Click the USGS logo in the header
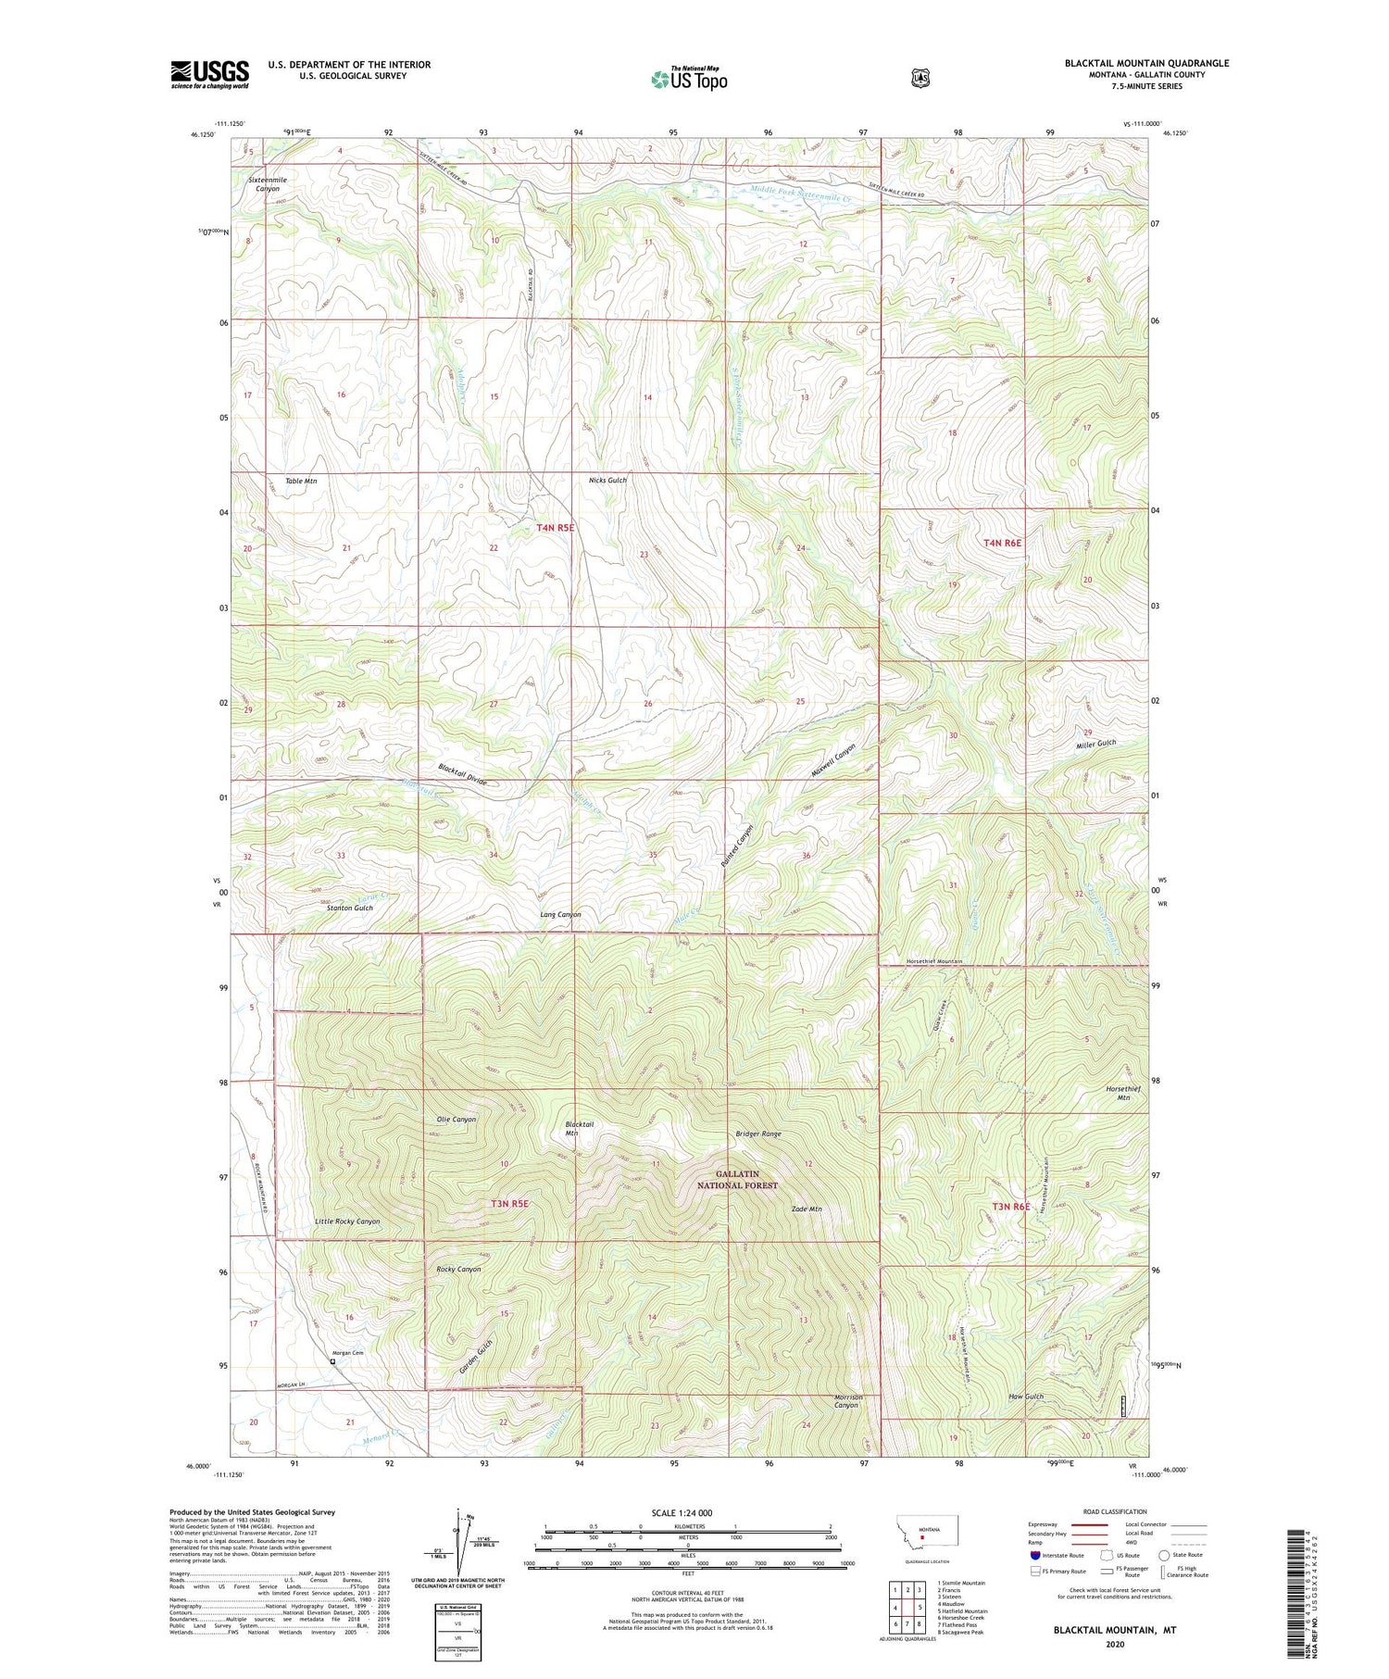point(209,74)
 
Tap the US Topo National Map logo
point(689,79)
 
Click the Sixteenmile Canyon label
point(267,183)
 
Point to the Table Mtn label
point(301,482)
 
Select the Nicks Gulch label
point(607,481)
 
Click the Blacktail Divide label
point(469,775)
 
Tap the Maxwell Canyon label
point(832,760)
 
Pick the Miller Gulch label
point(1095,744)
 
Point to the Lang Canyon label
point(560,914)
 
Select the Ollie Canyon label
point(456,1119)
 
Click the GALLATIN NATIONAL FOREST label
point(733,1179)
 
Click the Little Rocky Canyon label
point(347,1222)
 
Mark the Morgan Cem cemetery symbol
point(332,1362)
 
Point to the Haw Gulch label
point(1025,1397)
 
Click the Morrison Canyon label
point(847,1401)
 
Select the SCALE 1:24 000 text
point(682,1512)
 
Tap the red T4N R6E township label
point(1002,543)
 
